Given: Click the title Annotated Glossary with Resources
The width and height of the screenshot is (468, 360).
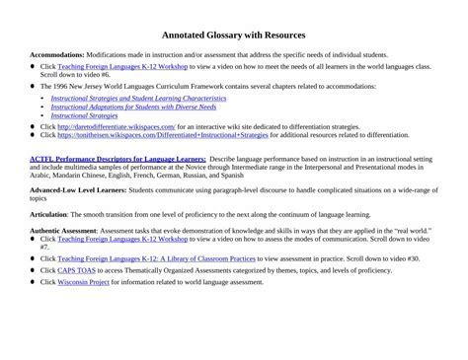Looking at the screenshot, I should pos(234,35).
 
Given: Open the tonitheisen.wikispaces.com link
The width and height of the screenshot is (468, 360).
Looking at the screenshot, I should pos(162,135).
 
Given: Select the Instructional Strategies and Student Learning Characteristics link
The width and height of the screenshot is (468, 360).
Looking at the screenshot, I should pos(138,99).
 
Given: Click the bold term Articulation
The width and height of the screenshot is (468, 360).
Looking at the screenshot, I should pos(48,213).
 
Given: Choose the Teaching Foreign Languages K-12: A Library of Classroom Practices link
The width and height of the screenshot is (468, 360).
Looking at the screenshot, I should pos(158,258).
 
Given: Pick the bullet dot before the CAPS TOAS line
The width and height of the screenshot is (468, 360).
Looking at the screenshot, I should pos(33,270).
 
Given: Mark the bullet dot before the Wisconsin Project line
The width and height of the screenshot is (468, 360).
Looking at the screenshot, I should pos(33,282).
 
